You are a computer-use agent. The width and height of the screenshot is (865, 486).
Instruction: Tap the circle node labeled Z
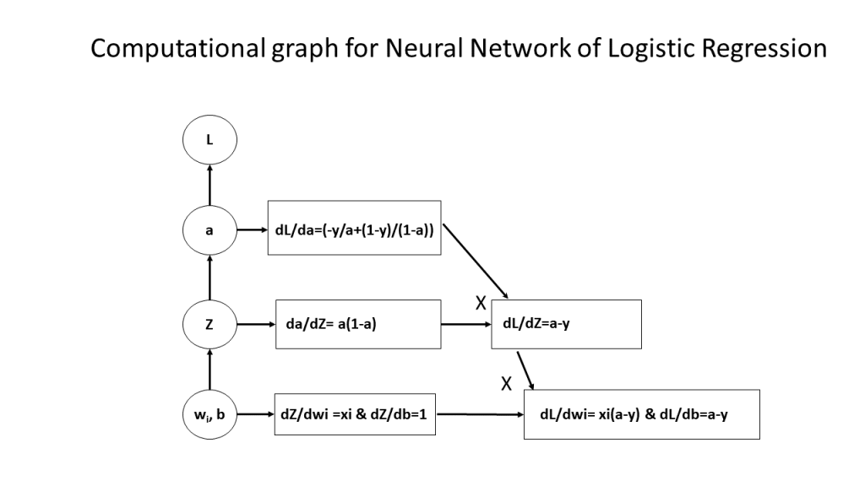[210, 322]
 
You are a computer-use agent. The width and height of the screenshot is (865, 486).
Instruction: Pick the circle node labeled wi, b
[210, 414]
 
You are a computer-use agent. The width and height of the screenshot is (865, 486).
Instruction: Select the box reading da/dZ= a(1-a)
[358, 323]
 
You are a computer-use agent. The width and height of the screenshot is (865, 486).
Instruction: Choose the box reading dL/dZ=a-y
[569, 323]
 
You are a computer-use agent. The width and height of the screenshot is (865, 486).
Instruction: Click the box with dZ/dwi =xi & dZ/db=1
[354, 414]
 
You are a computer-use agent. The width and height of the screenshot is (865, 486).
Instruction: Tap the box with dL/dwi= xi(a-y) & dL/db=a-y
[641, 414]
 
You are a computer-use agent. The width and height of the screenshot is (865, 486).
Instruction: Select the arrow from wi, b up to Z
[210, 369]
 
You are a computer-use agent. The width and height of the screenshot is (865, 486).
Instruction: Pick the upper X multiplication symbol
[480, 303]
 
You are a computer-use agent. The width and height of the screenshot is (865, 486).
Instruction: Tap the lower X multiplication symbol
[507, 383]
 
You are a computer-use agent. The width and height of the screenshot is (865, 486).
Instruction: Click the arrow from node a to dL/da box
[253, 229]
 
